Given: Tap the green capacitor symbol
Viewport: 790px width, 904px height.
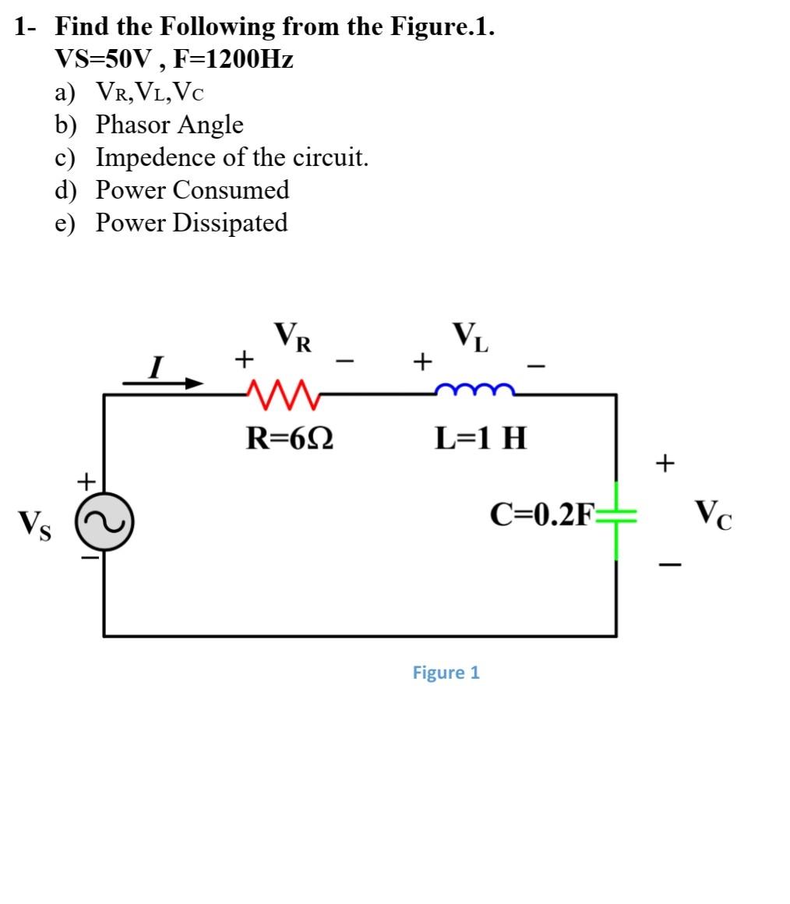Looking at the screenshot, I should [617, 520].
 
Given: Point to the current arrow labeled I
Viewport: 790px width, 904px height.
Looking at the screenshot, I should [164, 381].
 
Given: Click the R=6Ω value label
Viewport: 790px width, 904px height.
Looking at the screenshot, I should [291, 439].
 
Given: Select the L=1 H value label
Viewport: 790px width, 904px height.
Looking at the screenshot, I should [481, 439].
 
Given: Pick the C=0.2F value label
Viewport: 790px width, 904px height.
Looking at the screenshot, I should [542, 514].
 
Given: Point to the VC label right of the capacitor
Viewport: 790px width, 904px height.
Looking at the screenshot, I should [714, 514].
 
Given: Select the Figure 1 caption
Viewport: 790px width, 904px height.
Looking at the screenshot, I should [446, 673].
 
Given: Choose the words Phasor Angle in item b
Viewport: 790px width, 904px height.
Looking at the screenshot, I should [169, 125].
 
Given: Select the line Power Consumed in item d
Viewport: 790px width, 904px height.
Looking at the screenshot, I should [192, 190].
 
